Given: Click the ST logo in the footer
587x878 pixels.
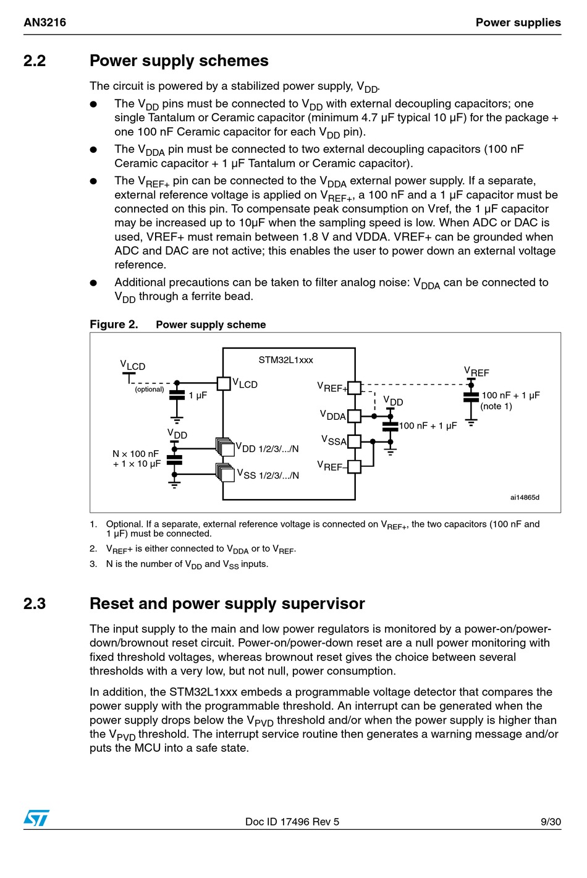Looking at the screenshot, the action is click(36, 817).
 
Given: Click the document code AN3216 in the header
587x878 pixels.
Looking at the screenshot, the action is click(44, 22).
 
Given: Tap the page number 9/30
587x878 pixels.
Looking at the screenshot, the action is click(551, 822).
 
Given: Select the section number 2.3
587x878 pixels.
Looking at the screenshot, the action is click(35, 603).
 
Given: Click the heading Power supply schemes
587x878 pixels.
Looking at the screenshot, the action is click(179, 61).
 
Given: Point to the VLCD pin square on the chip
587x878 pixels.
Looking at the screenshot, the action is click(224, 383).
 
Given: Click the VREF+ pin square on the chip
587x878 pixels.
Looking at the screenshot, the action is click(355, 388).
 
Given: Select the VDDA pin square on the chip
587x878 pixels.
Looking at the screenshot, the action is click(355, 416).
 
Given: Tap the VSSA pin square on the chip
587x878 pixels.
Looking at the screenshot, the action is click(355, 441).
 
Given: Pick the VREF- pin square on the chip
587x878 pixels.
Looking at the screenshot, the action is click(355, 467).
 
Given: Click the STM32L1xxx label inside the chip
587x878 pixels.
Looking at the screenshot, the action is click(286, 360).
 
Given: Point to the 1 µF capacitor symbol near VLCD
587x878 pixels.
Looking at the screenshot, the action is click(177, 396).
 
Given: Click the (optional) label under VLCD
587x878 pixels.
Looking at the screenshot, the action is click(150, 389).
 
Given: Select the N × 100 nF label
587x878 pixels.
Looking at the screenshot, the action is click(135, 454).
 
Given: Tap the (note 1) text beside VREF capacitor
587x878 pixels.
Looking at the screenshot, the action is click(496, 406).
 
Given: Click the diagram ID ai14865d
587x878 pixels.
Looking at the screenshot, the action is click(525, 497).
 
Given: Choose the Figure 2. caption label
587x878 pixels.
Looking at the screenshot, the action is click(114, 325).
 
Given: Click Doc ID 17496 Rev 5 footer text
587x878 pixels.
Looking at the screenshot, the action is click(292, 822).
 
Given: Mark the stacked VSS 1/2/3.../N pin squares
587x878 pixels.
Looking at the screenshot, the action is click(225, 473).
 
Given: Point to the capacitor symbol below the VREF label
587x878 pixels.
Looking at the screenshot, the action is click(471, 397).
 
